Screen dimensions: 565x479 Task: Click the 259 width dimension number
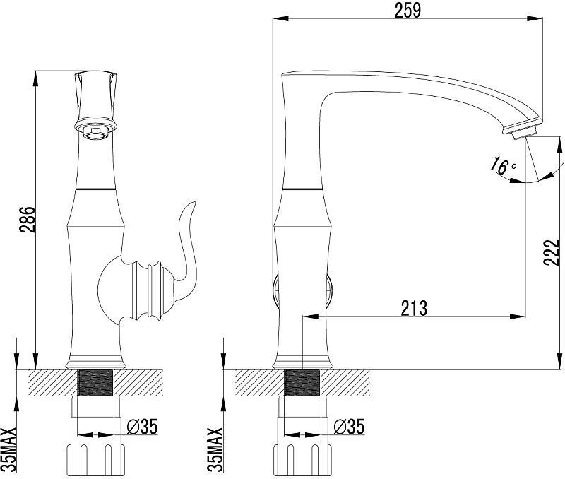[408, 10]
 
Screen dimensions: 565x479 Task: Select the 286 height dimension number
[28, 220]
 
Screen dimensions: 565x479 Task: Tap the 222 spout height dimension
[552, 252]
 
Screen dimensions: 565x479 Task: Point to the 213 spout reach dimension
[414, 308]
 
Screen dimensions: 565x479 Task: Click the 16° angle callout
[503, 165]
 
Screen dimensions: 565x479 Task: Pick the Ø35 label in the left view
[143, 427]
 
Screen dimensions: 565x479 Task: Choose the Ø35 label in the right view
[349, 427]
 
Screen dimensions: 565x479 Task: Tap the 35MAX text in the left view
[8, 449]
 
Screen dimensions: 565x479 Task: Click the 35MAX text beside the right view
[215, 449]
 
